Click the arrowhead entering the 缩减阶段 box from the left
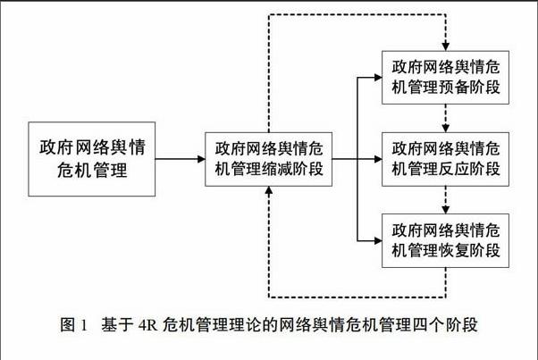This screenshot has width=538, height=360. pos(201,159)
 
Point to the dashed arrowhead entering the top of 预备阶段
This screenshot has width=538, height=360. pos(445,46)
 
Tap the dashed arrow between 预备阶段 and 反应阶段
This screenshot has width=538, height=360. pos(445,118)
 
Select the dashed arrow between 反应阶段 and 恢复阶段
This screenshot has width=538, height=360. pos(445,200)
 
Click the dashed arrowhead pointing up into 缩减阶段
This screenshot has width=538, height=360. pos(269,190)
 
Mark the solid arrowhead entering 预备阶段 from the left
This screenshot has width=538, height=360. pos(378,78)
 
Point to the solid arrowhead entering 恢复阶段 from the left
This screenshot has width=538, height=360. pos(378,240)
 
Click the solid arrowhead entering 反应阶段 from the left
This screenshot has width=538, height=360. pos(378,159)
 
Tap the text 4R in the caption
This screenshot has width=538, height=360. pos(147,324)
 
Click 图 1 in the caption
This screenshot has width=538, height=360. pos(74,324)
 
